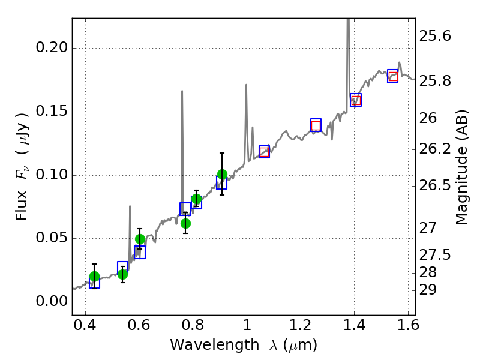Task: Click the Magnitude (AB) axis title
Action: pos(461,167)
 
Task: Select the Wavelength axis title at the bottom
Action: pos(243,346)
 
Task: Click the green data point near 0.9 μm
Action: pos(222,175)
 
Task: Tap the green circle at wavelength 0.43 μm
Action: pos(94,277)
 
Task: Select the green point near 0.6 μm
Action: pos(140,239)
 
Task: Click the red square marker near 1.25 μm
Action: pos(316,125)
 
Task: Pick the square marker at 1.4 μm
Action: pos(356,100)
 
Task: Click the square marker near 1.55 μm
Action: pos(393,76)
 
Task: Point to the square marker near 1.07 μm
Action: pos(264,151)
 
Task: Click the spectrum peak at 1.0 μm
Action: pos(246,85)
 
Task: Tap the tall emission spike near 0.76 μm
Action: pos(182,92)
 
